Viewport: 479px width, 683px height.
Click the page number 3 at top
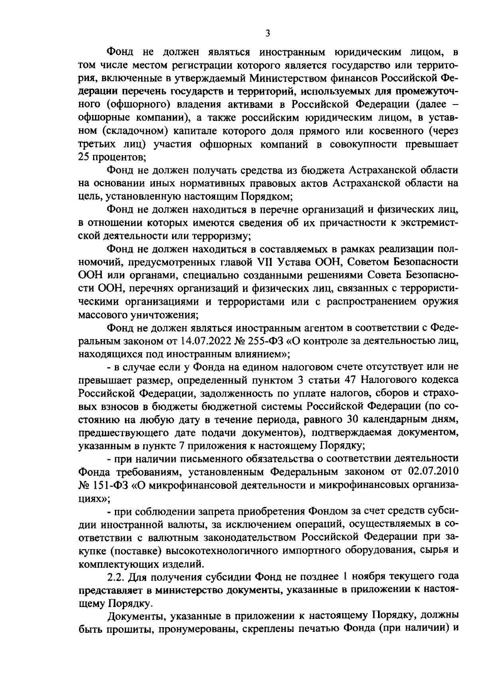pyautogui.click(x=268, y=34)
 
